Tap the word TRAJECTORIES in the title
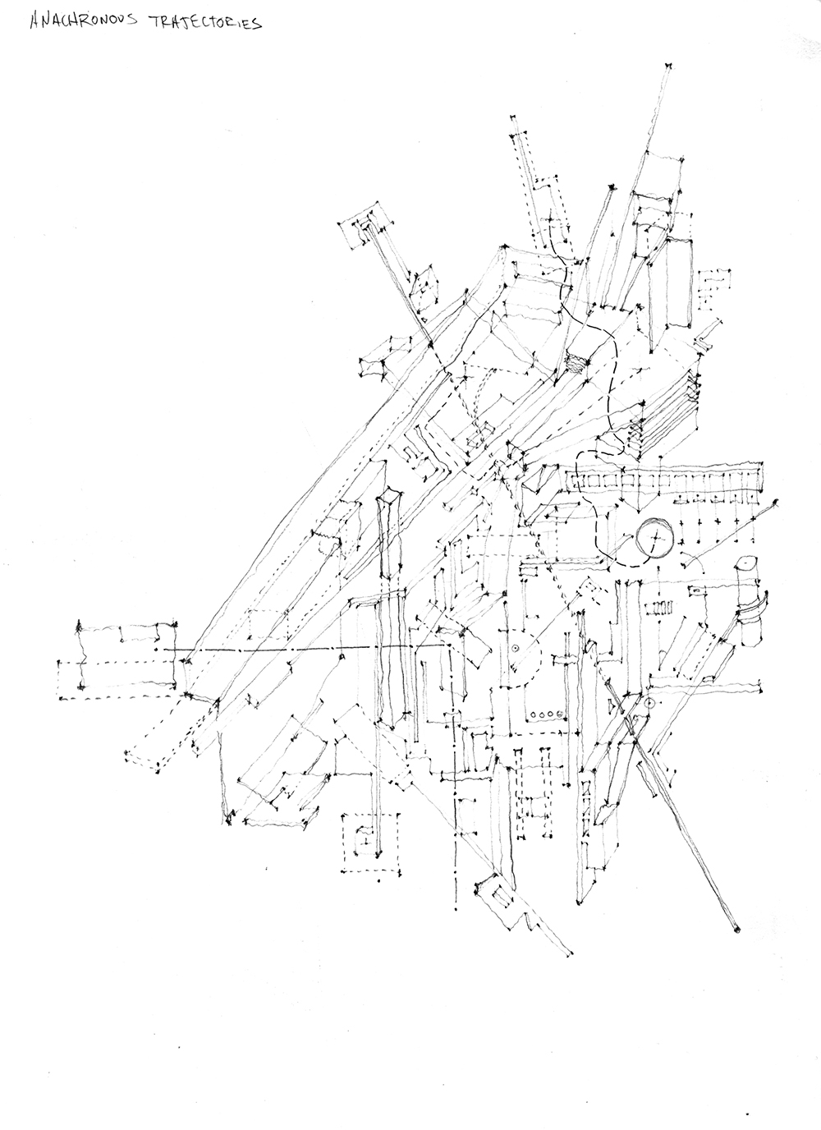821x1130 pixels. [204, 23]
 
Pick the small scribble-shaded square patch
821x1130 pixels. [578, 361]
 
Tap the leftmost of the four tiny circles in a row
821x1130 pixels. [534, 714]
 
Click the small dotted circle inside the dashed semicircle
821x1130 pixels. [515, 648]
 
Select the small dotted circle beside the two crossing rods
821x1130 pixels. [650, 703]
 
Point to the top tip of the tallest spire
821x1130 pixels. [668, 66]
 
